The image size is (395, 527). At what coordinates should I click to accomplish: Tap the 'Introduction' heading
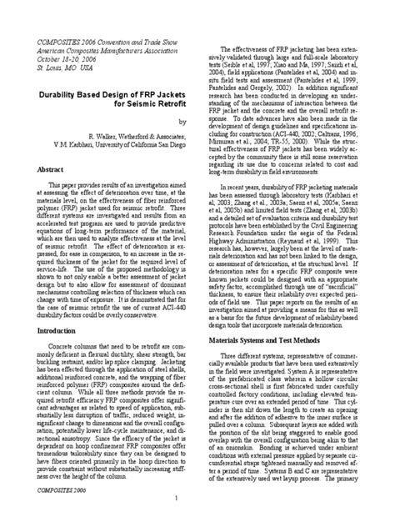coord(54,331)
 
